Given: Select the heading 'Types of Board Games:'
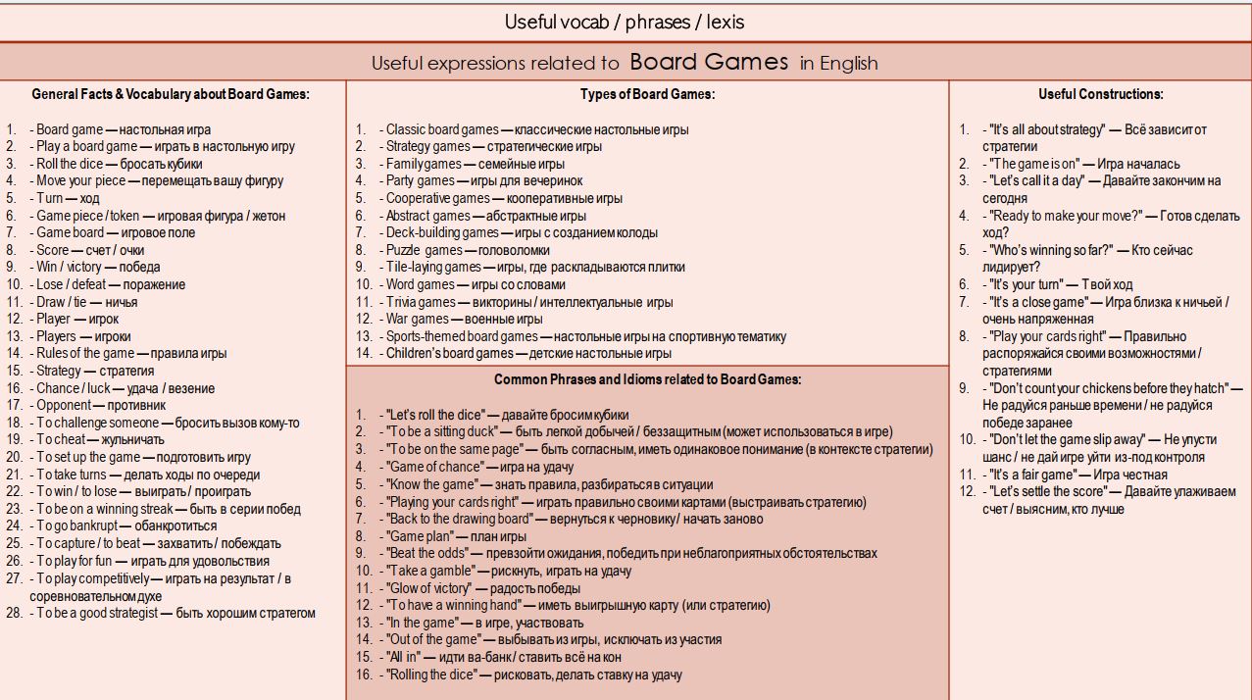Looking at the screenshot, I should tap(647, 95).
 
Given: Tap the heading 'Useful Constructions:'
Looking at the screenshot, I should tap(1100, 95).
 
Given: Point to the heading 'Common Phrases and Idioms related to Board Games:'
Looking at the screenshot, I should tap(647, 380).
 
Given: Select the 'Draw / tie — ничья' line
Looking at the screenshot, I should tap(87, 302).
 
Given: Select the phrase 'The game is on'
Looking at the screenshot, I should tap(1034, 164).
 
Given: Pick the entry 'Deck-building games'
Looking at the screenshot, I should tap(442, 233).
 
